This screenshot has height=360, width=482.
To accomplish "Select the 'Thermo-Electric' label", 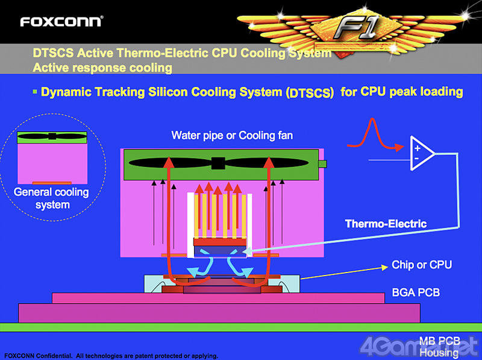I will (x=386, y=224).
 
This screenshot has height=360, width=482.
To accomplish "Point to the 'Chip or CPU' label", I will (x=421, y=265).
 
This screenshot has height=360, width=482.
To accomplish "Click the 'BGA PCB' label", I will (x=415, y=292).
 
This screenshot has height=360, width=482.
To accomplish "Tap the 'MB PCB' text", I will (x=440, y=341).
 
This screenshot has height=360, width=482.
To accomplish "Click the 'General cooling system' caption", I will (x=51, y=198).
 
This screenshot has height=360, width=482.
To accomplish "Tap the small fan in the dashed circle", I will (x=52, y=136).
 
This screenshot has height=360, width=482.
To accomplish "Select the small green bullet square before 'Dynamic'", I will (x=35, y=92).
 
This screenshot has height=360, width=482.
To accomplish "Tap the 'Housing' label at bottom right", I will (x=439, y=352).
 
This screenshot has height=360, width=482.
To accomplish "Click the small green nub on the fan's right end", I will (x=322, y=164).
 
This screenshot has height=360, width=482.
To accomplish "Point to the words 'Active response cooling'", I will (x=102, y=68).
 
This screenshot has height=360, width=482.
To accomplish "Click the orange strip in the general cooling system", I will (x=52, y=182).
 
